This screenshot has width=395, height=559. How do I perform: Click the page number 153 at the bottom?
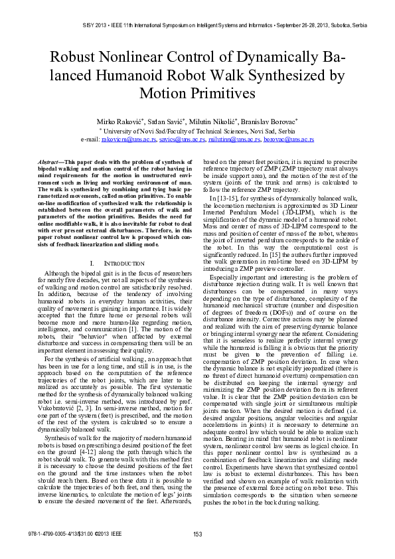click(x=197, y=553)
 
